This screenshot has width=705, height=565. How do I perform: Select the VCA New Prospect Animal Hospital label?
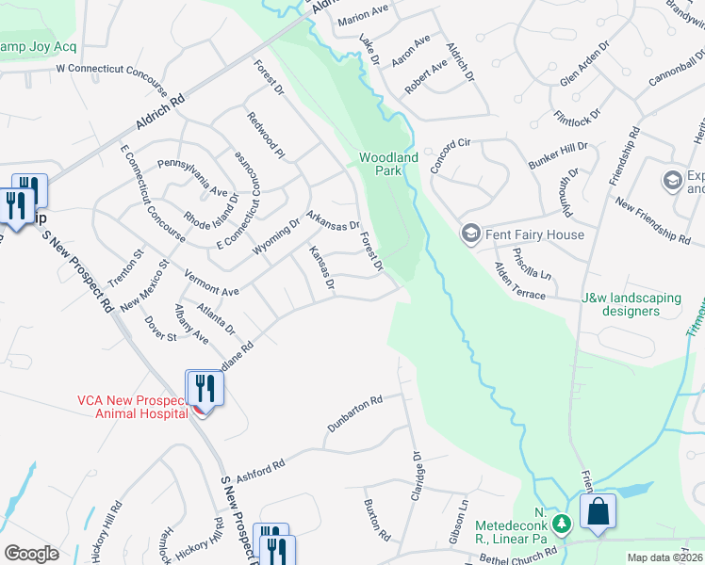(x=135, y=405)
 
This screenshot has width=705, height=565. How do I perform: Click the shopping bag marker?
(x=598, y=512)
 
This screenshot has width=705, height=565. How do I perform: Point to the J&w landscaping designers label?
(x=631, y=304)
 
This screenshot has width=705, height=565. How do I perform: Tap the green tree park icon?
(x=562, y=522)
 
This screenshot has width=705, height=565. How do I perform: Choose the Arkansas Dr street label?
(x=334, y=219)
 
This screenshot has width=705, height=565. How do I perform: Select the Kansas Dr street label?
(x=322, y=267)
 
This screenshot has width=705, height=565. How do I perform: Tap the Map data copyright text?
(x=664, y=557)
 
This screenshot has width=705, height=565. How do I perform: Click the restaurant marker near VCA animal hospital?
(x=205, y=388)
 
